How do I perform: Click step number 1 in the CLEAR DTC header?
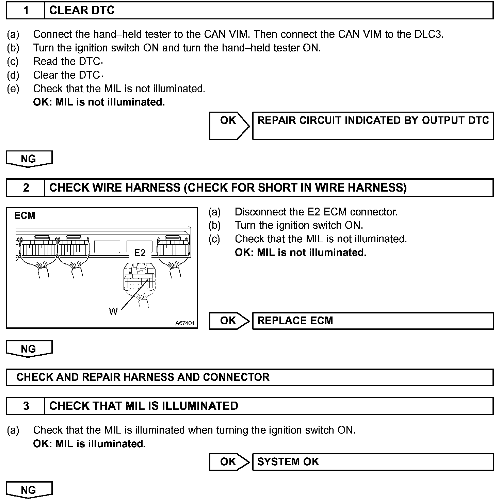(x=26, y=10)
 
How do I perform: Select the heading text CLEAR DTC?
(x=82, y=10)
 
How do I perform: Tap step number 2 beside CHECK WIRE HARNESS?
(x=26, y=188)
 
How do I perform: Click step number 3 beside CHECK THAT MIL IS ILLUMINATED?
(x=26, y=406)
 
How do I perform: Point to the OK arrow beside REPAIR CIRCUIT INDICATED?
(x=229, y=125)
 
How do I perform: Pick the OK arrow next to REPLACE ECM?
(x=229, y=321)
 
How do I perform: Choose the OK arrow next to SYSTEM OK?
(x=229, y=461)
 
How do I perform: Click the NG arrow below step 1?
(x=29, y=159)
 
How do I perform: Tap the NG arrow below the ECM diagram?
(x=29, y=349)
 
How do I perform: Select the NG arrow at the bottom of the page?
(x=29, y=490)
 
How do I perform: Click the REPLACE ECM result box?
(x=372, y=321)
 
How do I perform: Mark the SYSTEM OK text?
(x=288, y=461)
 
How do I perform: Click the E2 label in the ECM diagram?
(x=140, y=253)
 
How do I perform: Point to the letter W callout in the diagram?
(x=113, y=311)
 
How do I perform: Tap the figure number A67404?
(x=185, y=323)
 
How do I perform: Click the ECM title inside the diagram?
(x=25, y=215)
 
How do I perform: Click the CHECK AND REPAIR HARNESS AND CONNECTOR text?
(x=143, y=377)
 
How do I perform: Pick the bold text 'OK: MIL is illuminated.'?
(x=90, y=444)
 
